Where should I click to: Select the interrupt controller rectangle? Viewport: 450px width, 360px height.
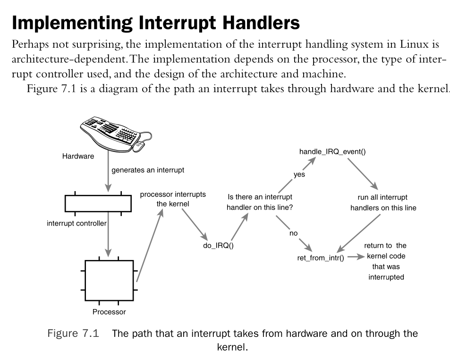(x=98, y=203)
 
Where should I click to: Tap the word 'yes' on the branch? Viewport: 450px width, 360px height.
(x=299, y=174)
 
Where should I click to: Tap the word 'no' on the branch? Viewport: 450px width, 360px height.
(x=293, y=233)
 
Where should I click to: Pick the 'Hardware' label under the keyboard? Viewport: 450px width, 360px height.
(x=78, y=157)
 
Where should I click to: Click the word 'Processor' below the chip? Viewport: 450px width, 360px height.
(x=109, y=312)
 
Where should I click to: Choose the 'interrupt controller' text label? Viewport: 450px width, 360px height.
(x=76, y=223)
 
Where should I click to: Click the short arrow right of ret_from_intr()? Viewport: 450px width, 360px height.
(x=357, y=258)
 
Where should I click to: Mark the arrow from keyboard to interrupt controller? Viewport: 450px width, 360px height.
(x=109, y=175)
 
